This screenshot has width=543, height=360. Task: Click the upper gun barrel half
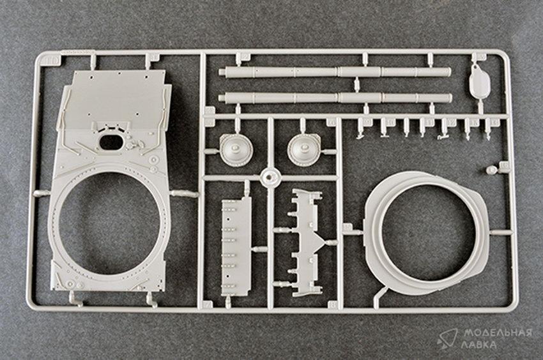335,72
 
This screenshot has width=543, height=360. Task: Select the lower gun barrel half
335,98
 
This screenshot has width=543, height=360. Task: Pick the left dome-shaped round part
236,150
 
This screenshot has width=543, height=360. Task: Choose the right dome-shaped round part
304,150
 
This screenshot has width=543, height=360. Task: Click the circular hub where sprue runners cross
270,177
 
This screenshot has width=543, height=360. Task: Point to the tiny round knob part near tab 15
491,170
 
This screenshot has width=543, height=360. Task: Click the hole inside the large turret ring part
429,232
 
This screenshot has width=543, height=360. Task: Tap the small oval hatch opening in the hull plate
111,142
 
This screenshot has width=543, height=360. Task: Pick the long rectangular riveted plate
236,247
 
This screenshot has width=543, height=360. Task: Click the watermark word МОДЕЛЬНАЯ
498,333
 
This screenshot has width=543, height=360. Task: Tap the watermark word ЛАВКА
479,345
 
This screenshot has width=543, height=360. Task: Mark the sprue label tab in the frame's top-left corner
52,61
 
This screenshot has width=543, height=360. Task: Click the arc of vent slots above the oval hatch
111,128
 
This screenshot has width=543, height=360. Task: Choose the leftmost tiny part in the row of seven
361,129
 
